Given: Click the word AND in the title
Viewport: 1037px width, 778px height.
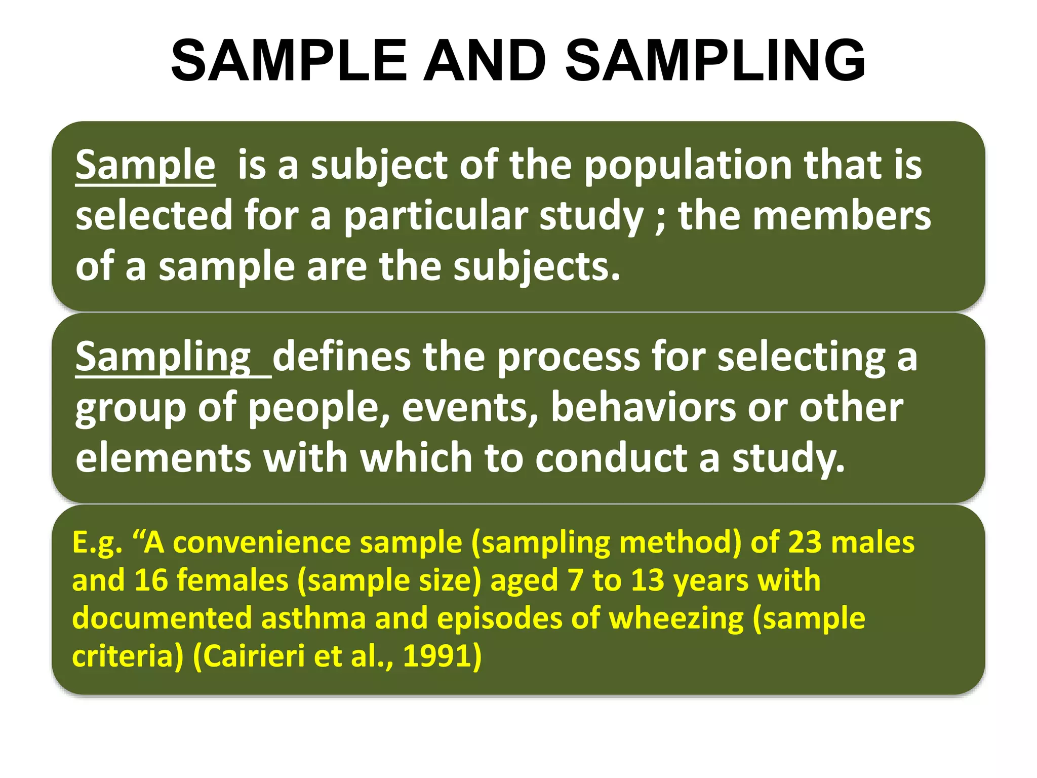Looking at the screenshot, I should [485, 60].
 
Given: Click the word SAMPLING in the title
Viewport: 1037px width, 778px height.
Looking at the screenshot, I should [715, 60].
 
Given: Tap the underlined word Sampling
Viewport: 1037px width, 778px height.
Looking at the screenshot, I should [163, 357].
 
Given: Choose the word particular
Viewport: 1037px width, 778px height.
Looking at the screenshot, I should [435, 216].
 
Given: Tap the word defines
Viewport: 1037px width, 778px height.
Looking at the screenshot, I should [341, 357].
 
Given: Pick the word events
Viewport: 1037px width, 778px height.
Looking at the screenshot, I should [470, 408].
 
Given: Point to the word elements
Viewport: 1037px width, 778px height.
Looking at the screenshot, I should [163, 457].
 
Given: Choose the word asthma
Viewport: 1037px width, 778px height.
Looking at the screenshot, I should [313, 618].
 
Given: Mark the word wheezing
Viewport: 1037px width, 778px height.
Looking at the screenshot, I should [676, 619].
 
